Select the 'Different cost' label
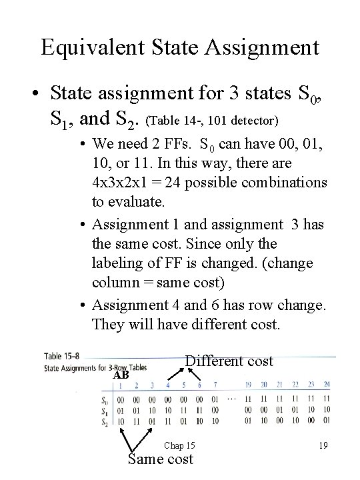click(x=229, y=361)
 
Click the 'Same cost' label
click(x=160, y=459)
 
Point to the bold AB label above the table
click(x=121, y=375)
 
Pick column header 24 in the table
click(x=325, y=384)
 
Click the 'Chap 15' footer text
click(x=179, y=445)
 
